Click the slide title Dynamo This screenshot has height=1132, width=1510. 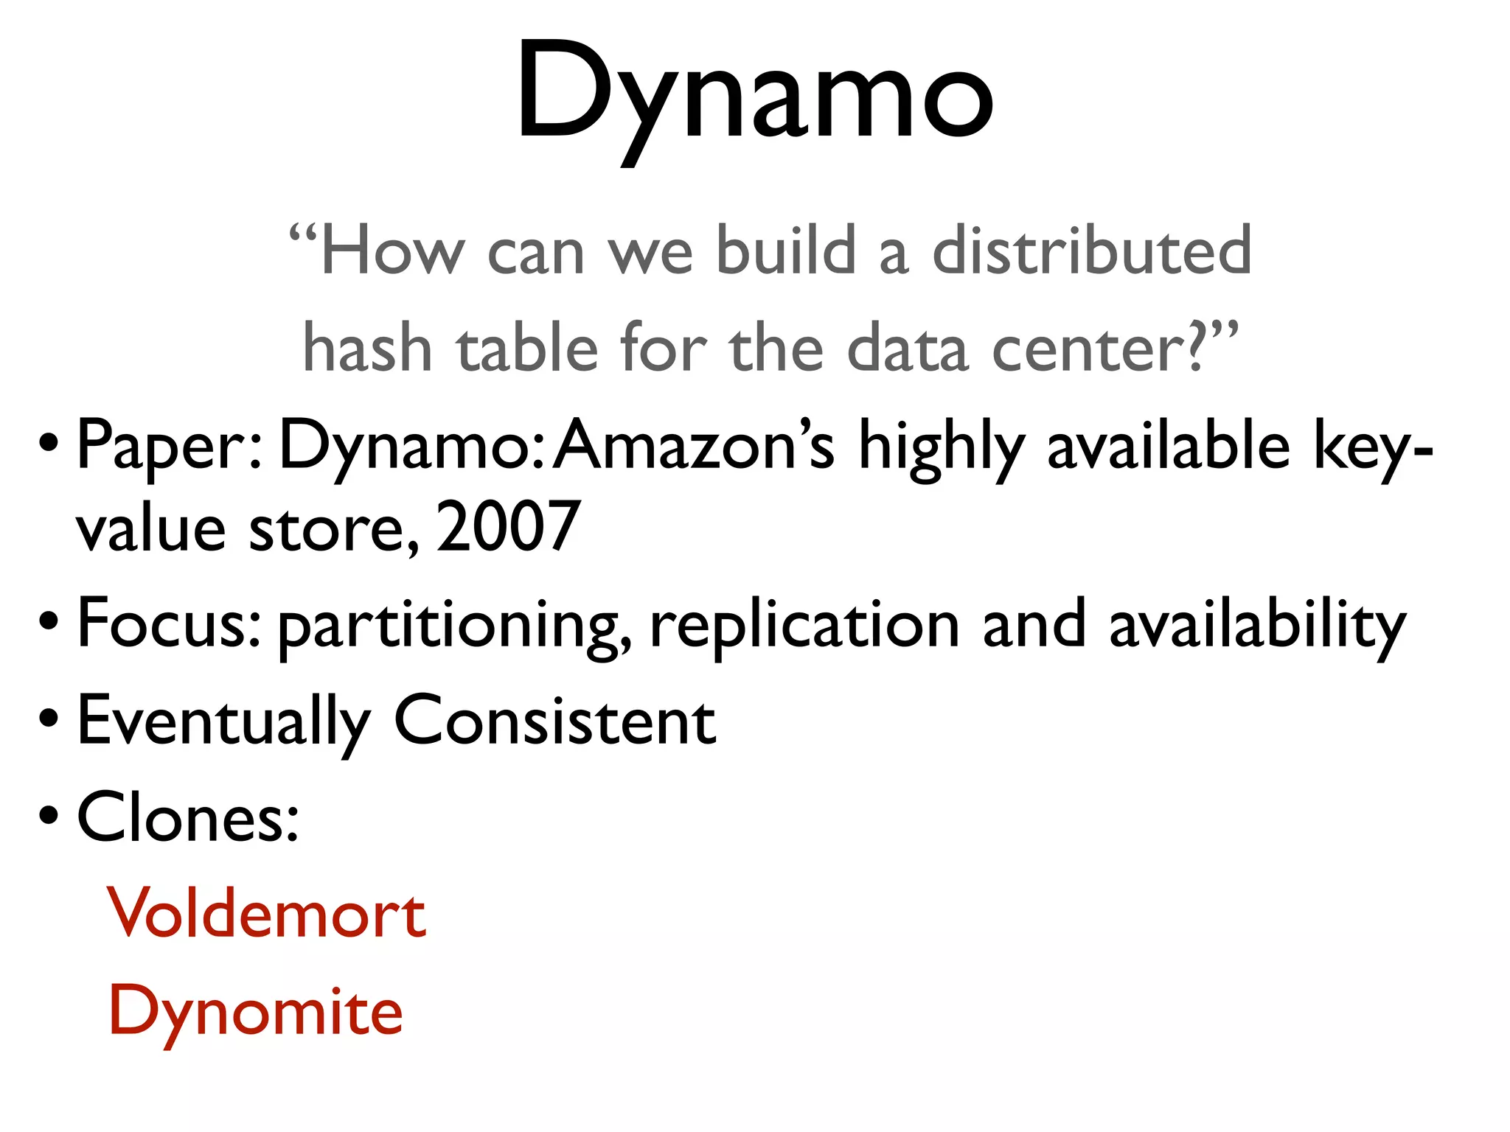(754, 92)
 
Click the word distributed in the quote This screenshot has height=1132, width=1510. (1092, 251)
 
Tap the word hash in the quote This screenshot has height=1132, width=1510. (366, 348)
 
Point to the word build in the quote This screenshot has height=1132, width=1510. (786, 251)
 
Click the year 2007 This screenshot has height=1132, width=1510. (508, 526)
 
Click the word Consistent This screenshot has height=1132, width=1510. (554, 721)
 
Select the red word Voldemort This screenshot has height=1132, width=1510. (267, 914)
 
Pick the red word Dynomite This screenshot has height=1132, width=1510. (256, 1011)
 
